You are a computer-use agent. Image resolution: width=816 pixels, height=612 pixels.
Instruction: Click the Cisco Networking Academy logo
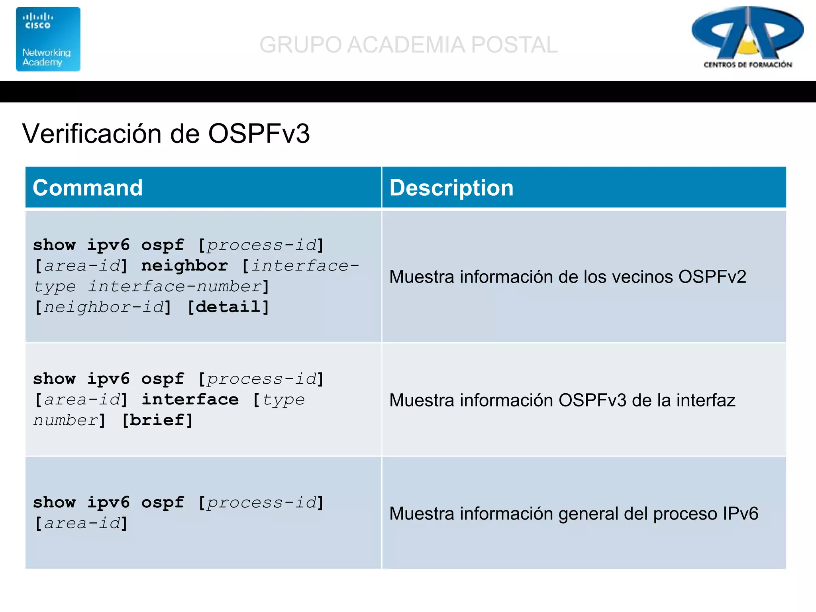[48, 39]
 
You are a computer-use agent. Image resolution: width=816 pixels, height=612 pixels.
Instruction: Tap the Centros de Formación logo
[747, 38]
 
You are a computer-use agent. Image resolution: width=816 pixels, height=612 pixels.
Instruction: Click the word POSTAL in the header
[514, 45]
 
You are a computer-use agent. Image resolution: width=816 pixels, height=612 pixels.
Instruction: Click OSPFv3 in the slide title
[259, 133]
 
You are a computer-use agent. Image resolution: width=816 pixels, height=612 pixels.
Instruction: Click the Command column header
[88, 188]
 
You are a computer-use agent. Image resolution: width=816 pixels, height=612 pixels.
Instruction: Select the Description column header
[451, 188]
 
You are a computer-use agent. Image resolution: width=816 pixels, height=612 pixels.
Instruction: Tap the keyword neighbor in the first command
[184, 266]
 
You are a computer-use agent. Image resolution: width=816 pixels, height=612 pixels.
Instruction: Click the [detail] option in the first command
[229, 307]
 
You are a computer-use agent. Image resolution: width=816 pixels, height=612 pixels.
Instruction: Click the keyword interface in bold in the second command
[190, 400]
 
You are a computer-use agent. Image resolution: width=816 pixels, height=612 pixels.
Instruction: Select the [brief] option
[157, 420]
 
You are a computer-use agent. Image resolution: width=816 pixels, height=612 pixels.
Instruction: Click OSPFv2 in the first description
[712, 277]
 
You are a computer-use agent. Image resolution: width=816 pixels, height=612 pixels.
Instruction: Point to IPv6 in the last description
[740, 514]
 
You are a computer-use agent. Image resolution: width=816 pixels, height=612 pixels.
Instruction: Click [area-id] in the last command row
[81, 524]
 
